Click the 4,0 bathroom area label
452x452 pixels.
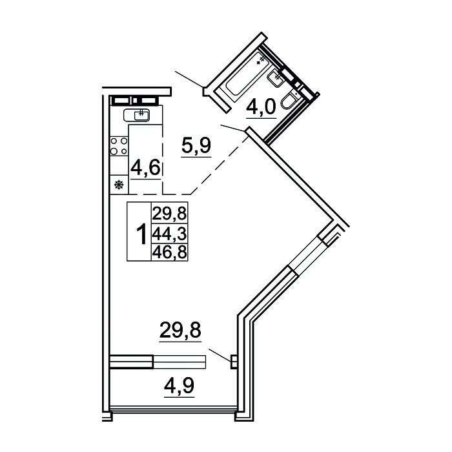pyautogui.click(x=261, y=107)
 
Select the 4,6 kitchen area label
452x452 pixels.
pyautogui.click(x=145, y=168)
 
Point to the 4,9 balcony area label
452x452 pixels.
pyautogui.click(x=180, y=385)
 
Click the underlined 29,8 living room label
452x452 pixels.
pyautogui.click(x=180, y=330)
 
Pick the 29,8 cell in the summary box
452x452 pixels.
pyautogui.click(x=170, y=214)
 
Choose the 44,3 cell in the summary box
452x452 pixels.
pyautogui.click(x=170, y=233)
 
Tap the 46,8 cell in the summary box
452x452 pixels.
pyautogui.click(x=170, y=252)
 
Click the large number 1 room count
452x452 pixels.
pyautogui.click(x=141, y=234)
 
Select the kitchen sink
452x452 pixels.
pyautogui.click(x=137, y=115)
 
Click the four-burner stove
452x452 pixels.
pyautogui.click(x=119, y=146)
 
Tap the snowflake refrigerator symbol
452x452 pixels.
pyautogui.click(x=119, y=185)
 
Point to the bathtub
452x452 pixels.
pyautogui.click(x=246, y=76)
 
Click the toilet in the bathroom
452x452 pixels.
pyautogui.click(x=290, y=100)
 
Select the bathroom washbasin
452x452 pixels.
pyautogui.click(x=276, y=77)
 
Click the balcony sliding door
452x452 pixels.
pyautogui.click(x=158, y=362)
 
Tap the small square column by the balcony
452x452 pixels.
pyautogui.click(x=234, y=362)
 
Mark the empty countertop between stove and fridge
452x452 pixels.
pyautogui.click(x=119, y=165)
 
